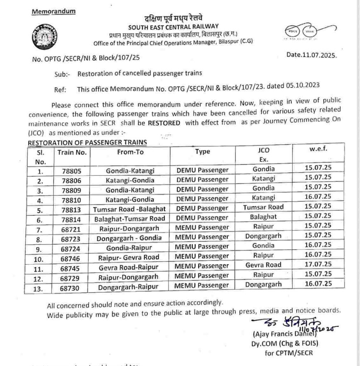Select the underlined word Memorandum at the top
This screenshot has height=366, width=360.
[x=54, y=11]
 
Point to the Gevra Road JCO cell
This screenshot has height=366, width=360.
[x=263, y=265]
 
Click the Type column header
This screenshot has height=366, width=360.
[x=203, y=152]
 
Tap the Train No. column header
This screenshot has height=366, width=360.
[x=72, y=152]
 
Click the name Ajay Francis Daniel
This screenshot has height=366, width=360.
[x=284, y=335]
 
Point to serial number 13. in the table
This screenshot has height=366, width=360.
[x=40, y=285]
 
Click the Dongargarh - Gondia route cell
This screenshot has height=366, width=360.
[x=130, y=237]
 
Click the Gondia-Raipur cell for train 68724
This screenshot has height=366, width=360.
[x=130, y=247]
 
